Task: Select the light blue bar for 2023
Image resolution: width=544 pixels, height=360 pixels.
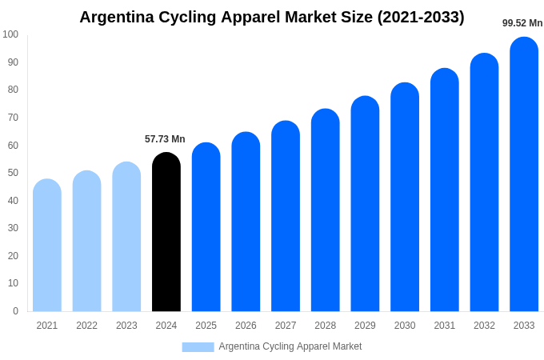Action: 126,237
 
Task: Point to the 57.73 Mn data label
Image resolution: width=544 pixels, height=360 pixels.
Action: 165,139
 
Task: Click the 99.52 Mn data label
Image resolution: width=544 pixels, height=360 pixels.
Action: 522,23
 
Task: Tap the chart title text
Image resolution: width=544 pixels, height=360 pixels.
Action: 272,17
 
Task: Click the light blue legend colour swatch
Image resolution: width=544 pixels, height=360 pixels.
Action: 198,347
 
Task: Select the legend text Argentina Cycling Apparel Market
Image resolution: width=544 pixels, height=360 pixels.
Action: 290,346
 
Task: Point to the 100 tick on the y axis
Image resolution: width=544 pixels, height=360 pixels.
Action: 10,34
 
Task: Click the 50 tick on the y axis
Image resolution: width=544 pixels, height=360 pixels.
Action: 13,173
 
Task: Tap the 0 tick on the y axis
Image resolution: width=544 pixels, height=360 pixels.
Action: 15,311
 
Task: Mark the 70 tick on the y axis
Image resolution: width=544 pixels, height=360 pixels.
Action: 13,118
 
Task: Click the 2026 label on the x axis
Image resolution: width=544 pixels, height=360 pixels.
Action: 246,326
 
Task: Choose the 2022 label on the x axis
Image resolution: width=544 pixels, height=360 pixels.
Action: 87,326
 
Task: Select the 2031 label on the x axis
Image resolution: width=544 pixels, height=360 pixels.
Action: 445,326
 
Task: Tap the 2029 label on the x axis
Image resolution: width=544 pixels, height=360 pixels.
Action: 365,326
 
